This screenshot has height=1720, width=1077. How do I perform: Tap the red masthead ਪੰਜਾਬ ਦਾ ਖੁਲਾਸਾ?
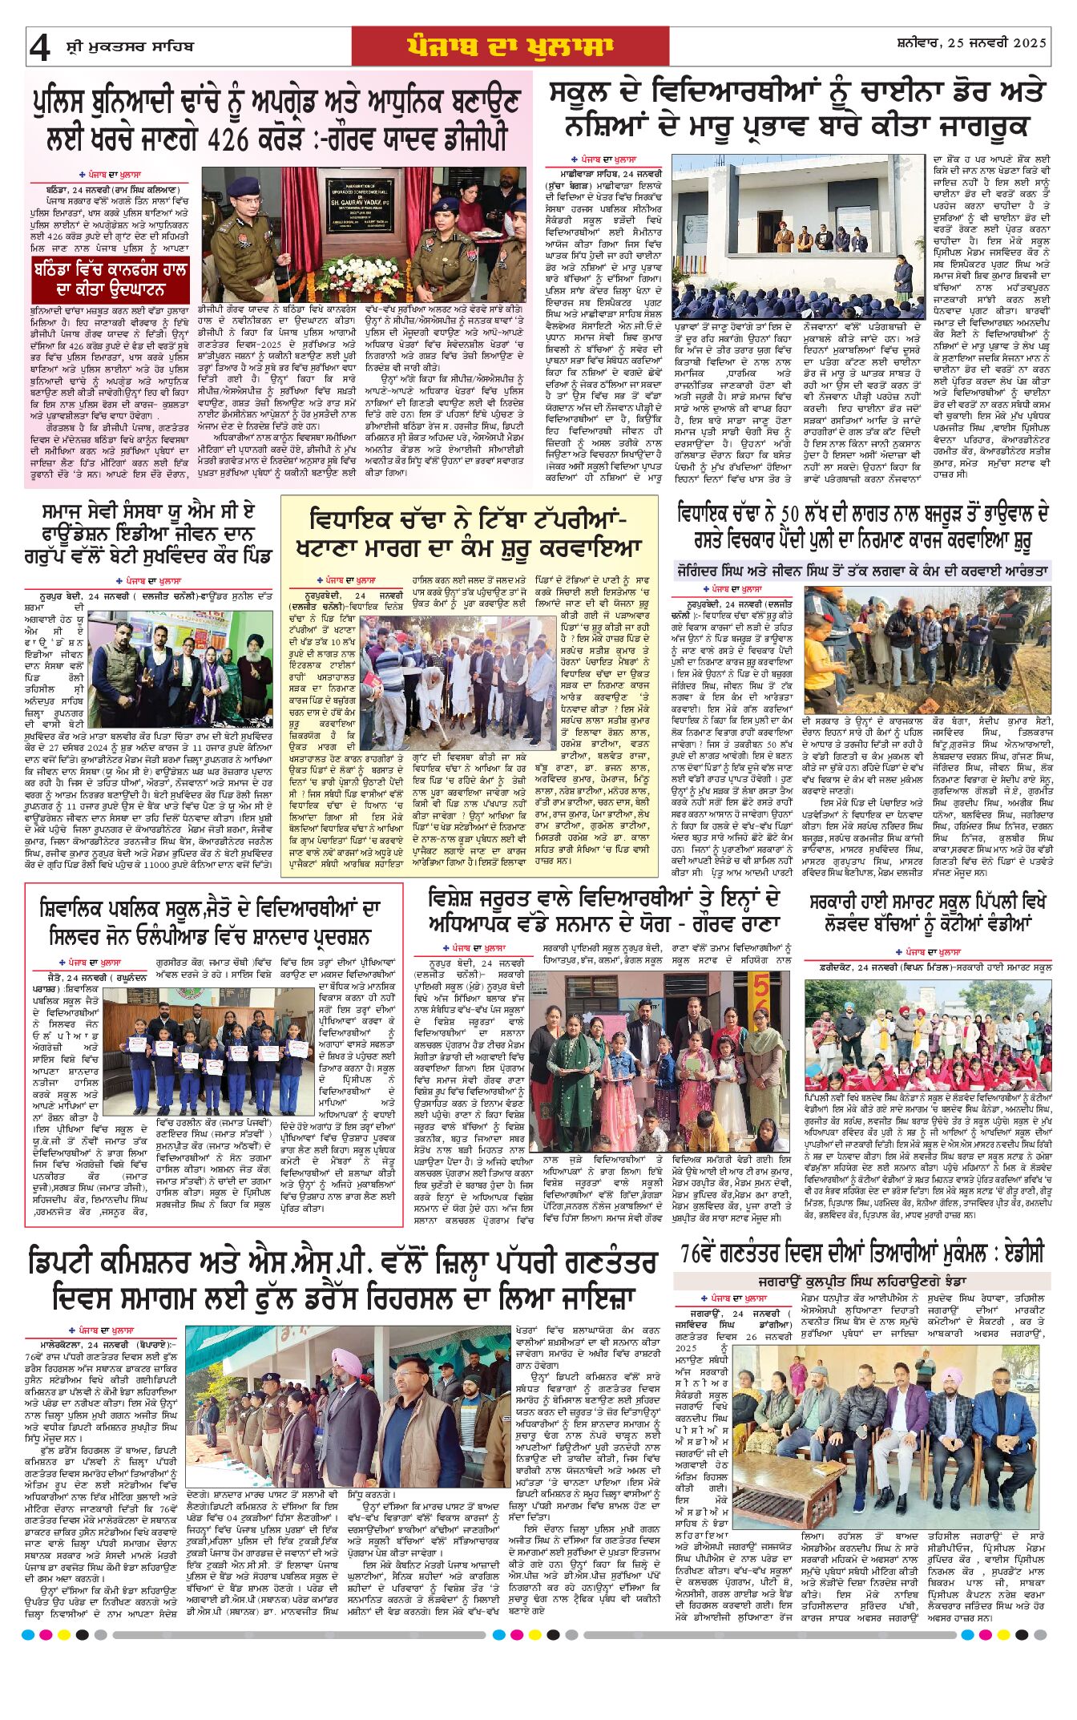(x=510, y=46)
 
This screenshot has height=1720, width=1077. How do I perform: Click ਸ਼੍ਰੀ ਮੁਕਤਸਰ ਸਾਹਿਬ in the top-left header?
(x=130, y=47)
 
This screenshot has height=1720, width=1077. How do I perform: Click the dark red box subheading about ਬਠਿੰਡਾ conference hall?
(x=111, y=280)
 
